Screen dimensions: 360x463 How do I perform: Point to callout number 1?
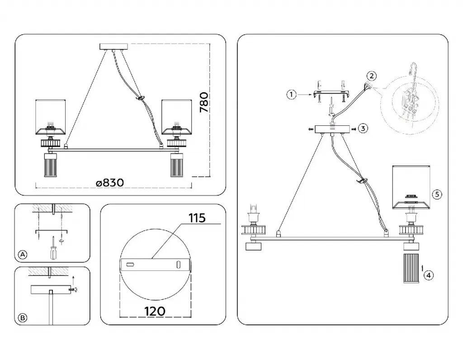click(292, 95)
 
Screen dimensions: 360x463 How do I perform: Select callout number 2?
click(371, 76)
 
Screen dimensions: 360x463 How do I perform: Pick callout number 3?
click(364, 128)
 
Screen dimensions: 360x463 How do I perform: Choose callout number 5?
click(436, 194)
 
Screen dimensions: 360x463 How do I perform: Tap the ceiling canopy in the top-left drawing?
click(113, 46)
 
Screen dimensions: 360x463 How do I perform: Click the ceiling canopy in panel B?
click(50, 289)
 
